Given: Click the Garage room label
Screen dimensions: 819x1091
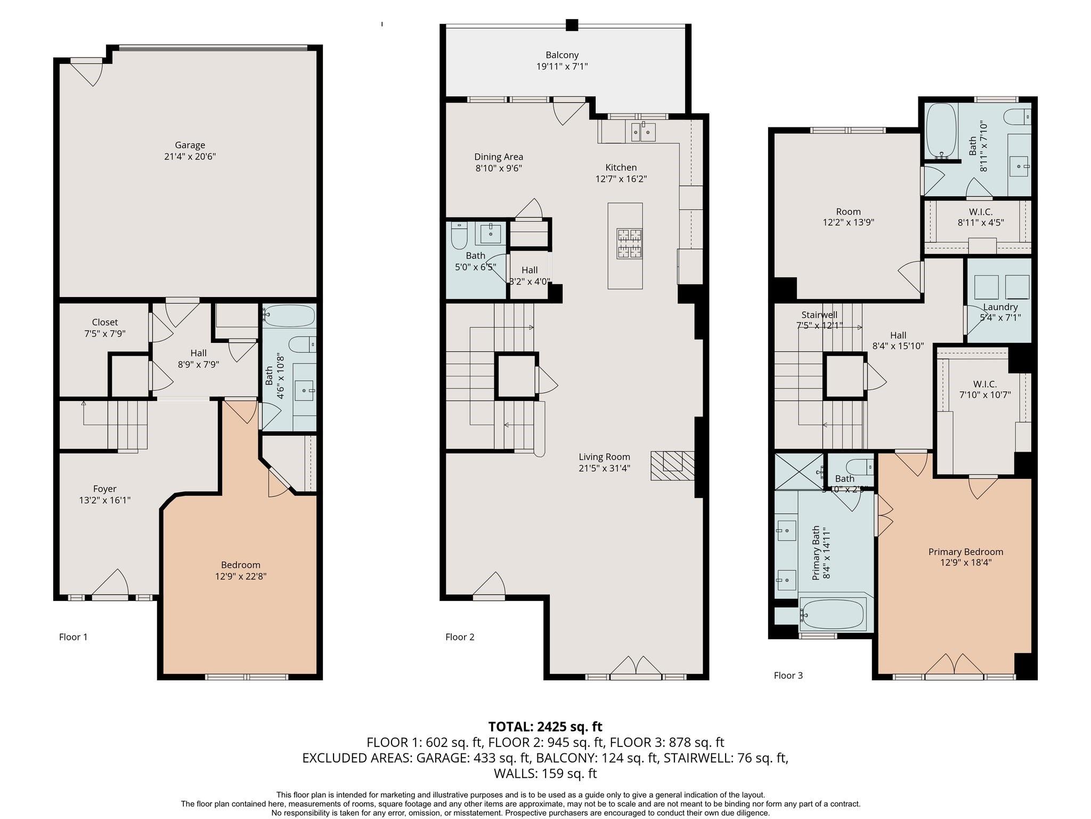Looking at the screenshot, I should click(190, 145).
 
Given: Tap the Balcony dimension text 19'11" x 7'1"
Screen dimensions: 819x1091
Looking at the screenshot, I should click(561, 67).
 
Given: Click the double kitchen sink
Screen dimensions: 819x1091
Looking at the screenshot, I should click(642, 131).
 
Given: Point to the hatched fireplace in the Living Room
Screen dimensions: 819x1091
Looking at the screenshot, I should click(672, 465).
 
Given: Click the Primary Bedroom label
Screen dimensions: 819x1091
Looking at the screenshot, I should click(965, 552).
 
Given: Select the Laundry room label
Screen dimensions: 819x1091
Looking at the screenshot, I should click(1000, 307).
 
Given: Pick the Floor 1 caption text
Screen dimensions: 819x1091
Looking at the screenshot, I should click(73, 637).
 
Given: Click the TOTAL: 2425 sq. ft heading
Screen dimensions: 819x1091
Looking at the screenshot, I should click(545, 726).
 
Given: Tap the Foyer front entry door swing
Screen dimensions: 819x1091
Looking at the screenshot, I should click(111, 584).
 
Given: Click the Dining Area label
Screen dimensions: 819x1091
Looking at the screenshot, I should click(499, 157).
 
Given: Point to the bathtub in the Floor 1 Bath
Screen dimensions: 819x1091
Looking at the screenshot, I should click(289, 316).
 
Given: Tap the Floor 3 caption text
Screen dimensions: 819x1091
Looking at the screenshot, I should click(788, 676).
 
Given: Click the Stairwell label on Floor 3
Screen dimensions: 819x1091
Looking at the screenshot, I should click(819, 315).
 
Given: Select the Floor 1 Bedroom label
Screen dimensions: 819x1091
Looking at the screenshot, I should click(241, 565).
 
